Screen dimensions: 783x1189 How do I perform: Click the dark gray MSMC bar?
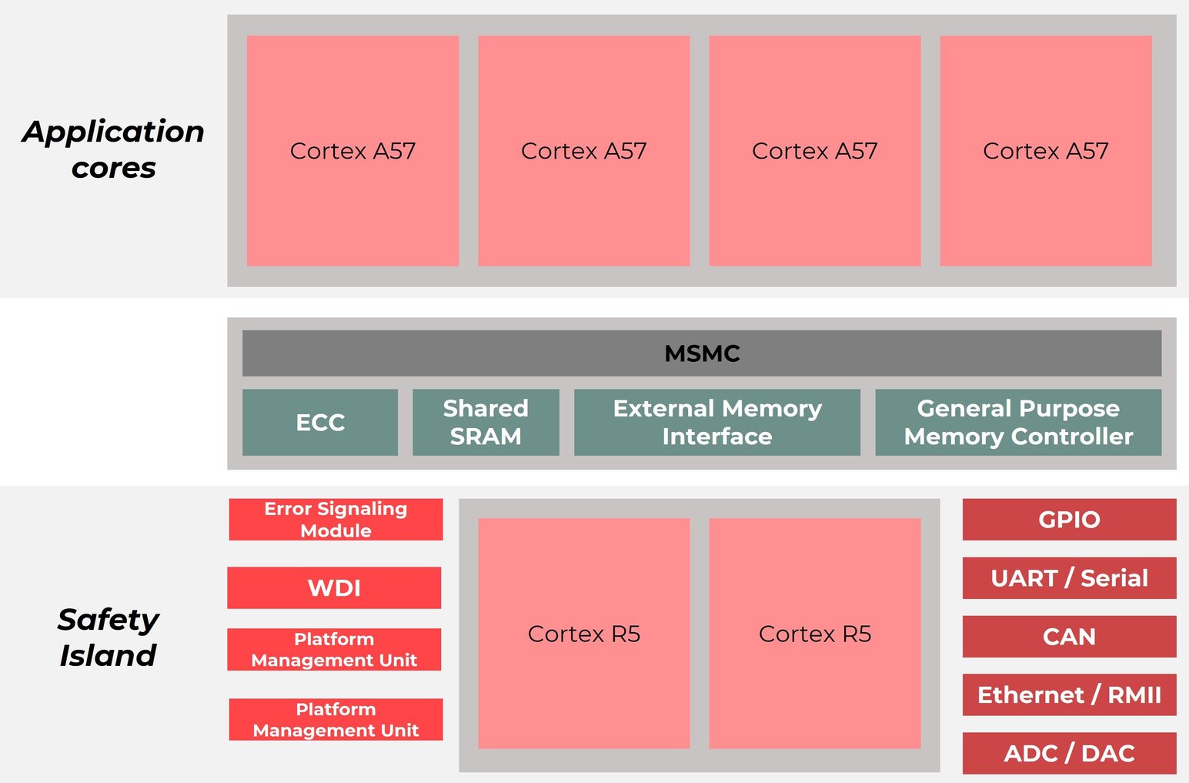[701, 353]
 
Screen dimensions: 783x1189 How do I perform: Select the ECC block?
[320, 422]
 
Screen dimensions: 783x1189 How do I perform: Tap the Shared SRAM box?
[486, 422]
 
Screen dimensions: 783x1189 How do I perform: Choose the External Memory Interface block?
[716, 422]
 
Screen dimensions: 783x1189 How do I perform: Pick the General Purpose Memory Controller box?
[1017, 422]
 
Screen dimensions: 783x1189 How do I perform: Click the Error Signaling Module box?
[336, 519]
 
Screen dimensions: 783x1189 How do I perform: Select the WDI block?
[334, 587]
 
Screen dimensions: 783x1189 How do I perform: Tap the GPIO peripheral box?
[1069, 520]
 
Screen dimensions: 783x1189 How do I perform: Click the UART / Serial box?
[1069, 578]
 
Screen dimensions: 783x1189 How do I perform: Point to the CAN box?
[1069, 637]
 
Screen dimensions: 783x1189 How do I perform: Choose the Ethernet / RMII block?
[1069, 695]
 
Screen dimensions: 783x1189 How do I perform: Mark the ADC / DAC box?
[1069, 753]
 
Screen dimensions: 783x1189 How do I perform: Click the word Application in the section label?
[114, 132]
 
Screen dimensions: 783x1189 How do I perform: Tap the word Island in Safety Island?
[108, 656]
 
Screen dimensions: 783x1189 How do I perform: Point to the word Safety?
[108, 620]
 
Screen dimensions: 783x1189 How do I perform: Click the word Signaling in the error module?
[362, 509]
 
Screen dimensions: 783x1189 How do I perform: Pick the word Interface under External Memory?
[716, 437]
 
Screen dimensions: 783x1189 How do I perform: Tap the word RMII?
[1134, 695]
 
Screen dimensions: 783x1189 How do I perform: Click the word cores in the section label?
[114, 168]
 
